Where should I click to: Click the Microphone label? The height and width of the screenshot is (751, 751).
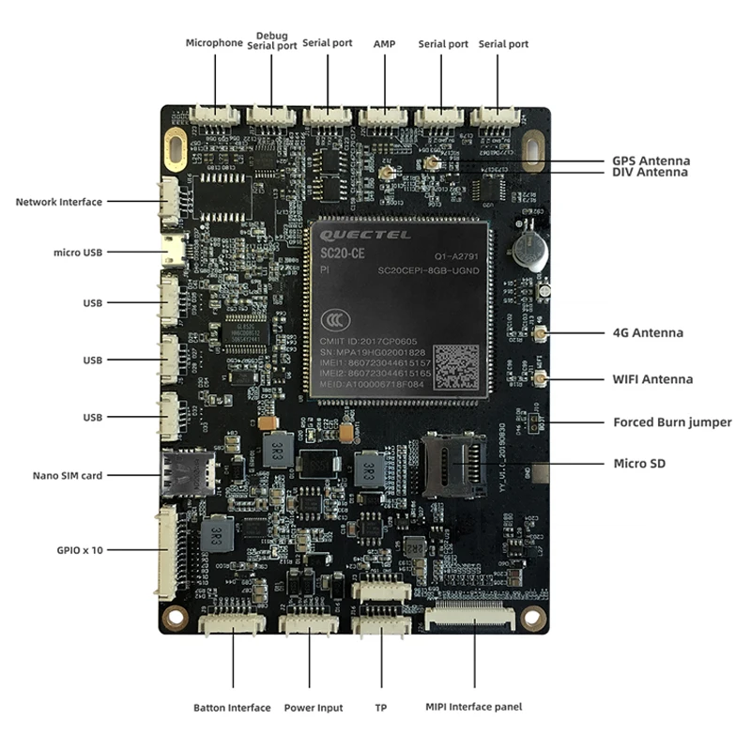[214, 43]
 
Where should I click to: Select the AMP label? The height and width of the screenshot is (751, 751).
[385, 44]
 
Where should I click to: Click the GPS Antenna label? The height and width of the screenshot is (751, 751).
[651, 161]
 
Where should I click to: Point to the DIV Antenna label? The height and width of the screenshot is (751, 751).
[650, 173]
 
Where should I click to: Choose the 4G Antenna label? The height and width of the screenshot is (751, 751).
[648, 333]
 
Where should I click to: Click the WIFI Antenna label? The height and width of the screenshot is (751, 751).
[652, 379]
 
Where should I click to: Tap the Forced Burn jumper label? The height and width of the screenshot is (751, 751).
[672, 422]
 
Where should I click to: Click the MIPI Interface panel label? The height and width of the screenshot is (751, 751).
[473, 707]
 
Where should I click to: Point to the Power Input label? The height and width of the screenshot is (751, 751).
[314, 708]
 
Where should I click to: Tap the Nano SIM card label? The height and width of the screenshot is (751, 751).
[66, 476]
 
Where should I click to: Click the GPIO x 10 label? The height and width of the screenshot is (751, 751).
[79, 550]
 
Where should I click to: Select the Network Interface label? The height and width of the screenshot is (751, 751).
[59, 202]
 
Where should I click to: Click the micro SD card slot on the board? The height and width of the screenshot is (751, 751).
[452, 465]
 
